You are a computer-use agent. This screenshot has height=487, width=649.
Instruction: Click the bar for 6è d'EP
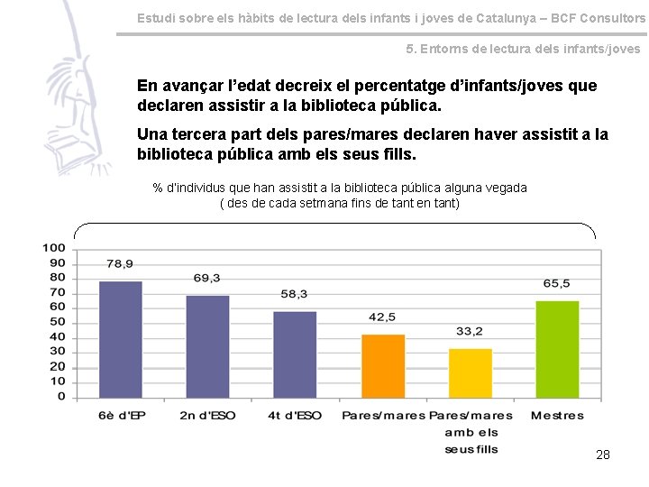(121, 339)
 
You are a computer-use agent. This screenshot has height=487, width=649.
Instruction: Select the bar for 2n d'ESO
(208, 346)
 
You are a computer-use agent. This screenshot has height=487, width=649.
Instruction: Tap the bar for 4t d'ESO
(295, 354)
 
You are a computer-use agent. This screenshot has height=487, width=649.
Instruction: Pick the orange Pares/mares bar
(383, 365)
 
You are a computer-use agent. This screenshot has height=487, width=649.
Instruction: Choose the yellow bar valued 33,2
(471, 372)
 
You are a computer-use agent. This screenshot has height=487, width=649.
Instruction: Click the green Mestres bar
(557, 349)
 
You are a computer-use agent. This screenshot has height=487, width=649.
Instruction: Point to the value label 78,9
(120, 264)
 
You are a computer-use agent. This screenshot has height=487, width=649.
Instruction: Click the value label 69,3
(207, 278)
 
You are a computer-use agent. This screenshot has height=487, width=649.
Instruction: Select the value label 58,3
(294, 294)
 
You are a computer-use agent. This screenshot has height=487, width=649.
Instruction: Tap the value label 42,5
(382, 317)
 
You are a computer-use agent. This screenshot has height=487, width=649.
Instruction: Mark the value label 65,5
(556, 283)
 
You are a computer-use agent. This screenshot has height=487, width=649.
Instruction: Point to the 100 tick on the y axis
(54, 248)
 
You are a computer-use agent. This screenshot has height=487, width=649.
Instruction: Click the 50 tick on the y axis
(57, 322)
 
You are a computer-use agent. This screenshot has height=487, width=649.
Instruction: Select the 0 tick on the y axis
(60, 397)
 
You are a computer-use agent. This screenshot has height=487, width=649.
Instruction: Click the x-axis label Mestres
(557, 416)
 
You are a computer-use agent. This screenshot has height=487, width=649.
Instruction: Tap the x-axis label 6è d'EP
(121, 416)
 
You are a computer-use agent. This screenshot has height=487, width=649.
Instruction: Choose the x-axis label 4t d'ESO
(295, 416)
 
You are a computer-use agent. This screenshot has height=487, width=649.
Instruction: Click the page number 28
(603, 455)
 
